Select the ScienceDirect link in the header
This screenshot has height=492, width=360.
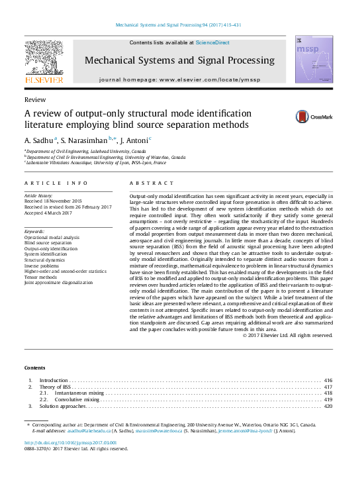coord(212,42)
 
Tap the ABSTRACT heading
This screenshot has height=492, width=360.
coord(152,183)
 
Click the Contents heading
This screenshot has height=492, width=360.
coord(35,368)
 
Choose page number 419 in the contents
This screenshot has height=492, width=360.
coord(328,400)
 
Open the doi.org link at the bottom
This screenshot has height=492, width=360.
coord(70,442)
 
